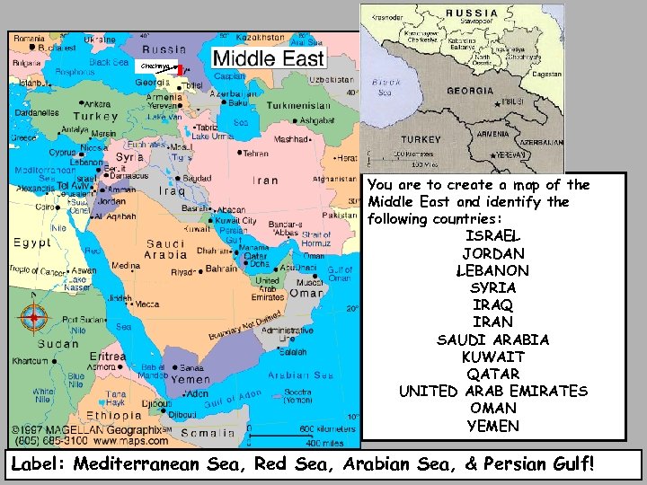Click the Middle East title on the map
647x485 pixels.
267,59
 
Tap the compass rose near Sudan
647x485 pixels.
34,316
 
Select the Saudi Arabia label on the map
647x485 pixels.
165,249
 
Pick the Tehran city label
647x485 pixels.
253,153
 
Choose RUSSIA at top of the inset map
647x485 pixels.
473,13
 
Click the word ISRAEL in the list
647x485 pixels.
492,236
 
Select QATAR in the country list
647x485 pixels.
492,374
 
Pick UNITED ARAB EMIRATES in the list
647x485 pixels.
492,391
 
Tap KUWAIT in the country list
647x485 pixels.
492,357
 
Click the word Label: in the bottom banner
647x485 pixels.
40,464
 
